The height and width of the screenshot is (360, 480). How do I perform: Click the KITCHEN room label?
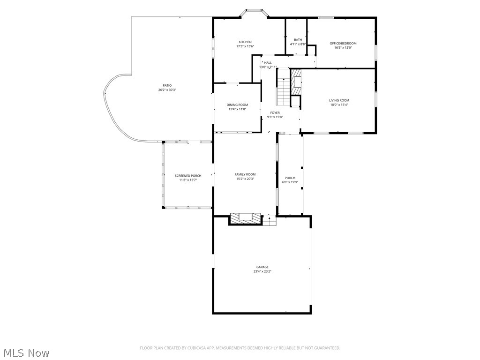pos(245,42)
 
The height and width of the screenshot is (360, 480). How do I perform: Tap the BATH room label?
pos(298,40)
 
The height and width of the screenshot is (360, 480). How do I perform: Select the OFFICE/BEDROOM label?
pos(343,44)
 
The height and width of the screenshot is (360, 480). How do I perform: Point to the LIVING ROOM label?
pos(338,100)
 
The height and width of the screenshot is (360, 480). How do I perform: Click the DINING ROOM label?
pos(237,105)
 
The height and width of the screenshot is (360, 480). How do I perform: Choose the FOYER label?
pos(275,113)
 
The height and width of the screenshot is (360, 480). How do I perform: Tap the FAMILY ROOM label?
pos(245,174)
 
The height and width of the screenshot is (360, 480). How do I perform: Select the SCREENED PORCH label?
pos(187,176)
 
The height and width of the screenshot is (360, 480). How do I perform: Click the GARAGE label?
pos(262,267)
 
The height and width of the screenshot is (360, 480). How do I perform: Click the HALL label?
pos(268,63)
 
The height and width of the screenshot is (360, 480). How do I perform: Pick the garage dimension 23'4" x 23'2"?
pos(262,271)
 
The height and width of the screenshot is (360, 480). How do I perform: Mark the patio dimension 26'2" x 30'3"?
pos(167,90)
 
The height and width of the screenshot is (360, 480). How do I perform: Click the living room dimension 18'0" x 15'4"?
pos(338,105)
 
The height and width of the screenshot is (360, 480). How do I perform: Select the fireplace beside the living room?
pos(295,82)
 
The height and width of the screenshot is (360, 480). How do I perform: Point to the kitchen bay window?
pos(254,11)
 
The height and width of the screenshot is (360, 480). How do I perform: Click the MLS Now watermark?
pos(26,352)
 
